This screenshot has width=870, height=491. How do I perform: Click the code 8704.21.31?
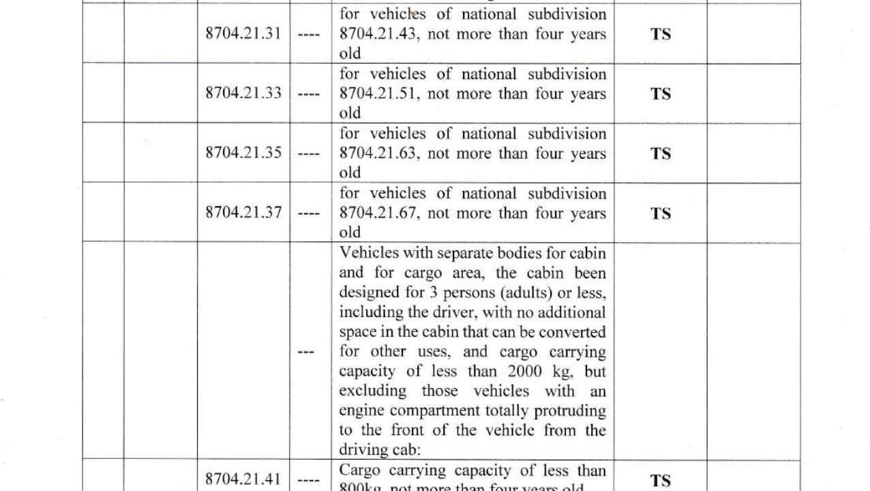243,33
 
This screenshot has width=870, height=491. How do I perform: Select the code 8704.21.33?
243,93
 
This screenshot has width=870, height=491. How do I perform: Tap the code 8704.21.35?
243,153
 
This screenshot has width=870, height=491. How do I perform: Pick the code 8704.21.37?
243,213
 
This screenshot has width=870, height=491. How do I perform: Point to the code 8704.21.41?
243,479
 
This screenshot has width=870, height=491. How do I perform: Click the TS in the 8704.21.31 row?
660,34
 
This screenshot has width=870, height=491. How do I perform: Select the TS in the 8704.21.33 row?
660,93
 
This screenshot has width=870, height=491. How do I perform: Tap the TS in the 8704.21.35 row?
660,153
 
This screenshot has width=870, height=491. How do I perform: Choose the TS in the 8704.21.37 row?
660,213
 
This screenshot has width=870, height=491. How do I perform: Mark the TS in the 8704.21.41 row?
660,481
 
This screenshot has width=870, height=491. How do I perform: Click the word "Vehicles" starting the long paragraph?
367,253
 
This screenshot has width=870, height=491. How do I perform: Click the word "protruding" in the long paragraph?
571,411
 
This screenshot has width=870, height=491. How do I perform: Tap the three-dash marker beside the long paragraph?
308,352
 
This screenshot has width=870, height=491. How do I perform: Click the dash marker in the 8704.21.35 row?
310,153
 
